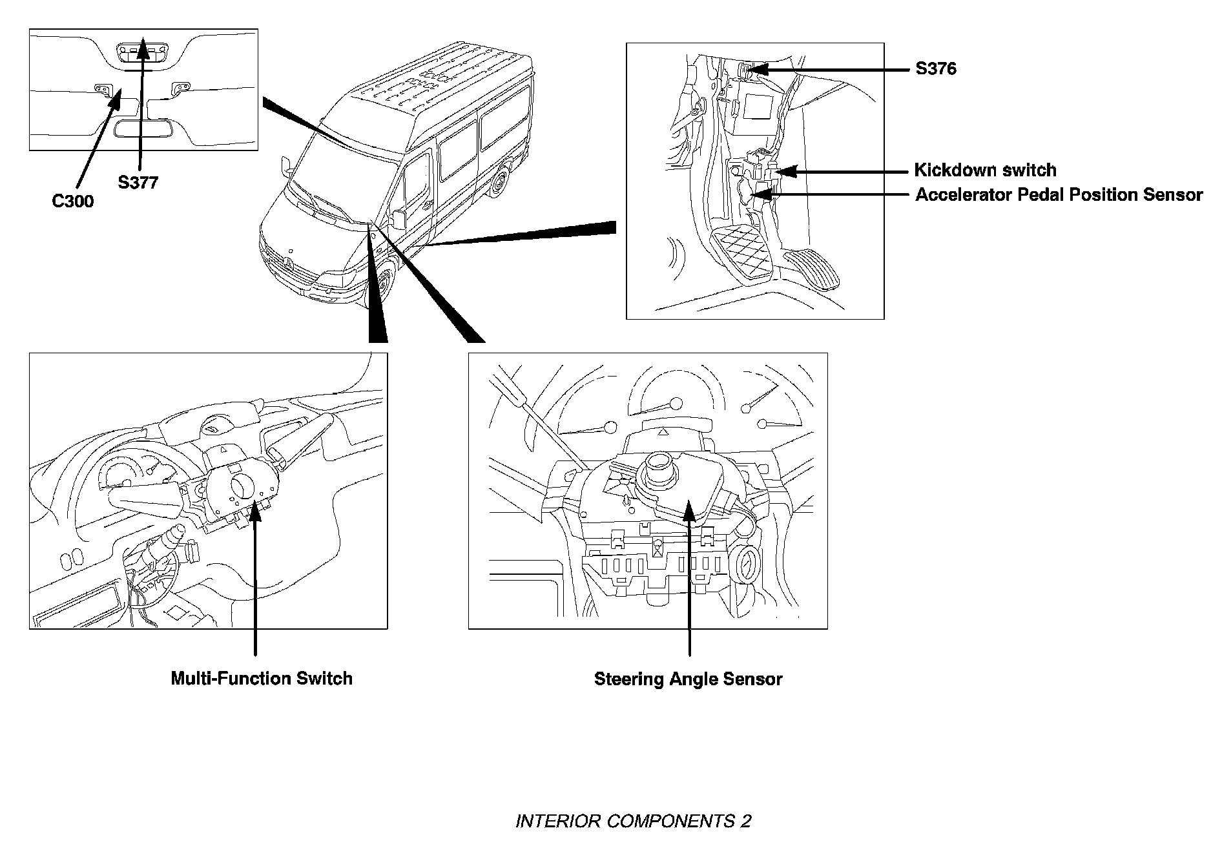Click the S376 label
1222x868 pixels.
click(x=936, y=68)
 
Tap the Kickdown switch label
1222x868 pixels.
click(x=985, y=170)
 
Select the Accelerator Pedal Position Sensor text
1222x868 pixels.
click(x=1059, y=195)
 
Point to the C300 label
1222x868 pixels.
click(x=73, y=201)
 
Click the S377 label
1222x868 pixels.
click(x=138, y=183)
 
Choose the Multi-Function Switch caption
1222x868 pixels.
click(x=262, y=679)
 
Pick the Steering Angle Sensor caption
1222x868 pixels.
click(x=688, y=679)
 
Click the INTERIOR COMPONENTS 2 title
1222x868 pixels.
click(x=633, y=821)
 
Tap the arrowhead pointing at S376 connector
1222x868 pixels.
click(x=754, y=68)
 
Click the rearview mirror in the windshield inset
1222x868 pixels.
click(x=143, y=128)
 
